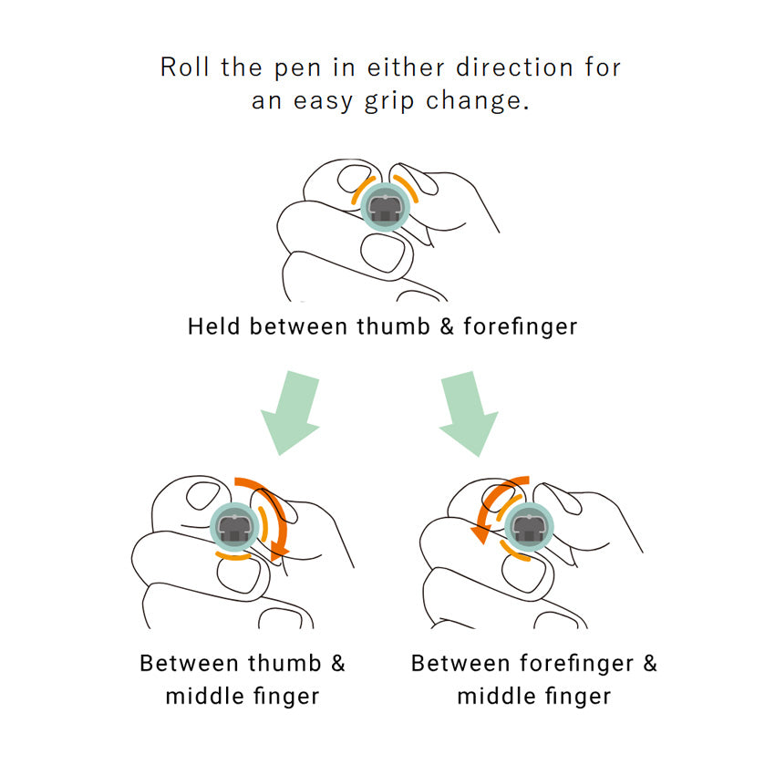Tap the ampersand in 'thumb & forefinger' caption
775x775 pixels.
tap(447, 326)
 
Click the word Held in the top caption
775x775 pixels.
tap(214, 326)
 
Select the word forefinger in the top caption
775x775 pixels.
tap(522, 326)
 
